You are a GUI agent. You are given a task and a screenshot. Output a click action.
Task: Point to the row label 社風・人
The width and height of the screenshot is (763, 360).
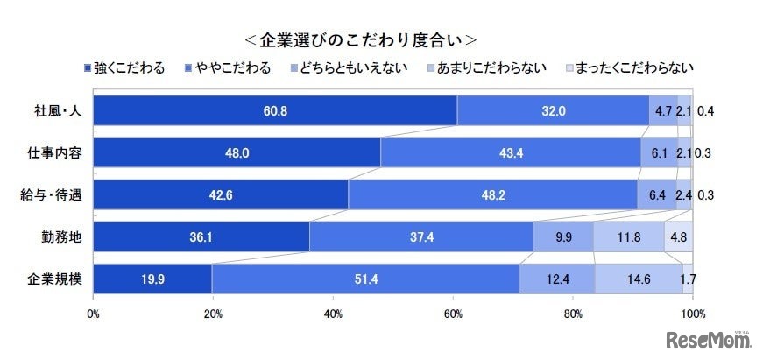(55, 110)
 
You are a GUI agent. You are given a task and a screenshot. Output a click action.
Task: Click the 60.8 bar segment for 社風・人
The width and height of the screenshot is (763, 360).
(274, 110)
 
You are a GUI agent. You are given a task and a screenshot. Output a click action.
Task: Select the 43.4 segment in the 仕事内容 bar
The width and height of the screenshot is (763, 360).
(511, 152)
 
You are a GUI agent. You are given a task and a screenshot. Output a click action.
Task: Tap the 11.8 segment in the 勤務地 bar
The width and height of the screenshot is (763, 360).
(628, 236)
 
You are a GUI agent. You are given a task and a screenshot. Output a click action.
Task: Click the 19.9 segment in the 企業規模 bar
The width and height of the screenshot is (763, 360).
(152, 279)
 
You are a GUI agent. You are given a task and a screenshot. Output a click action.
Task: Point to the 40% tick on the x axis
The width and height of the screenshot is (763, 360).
(332, 312)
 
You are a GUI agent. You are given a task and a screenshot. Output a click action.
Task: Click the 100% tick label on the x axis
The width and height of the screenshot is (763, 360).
(692, 312)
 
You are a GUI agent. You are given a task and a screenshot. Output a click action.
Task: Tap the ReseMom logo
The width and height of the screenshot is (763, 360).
(709, 338)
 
